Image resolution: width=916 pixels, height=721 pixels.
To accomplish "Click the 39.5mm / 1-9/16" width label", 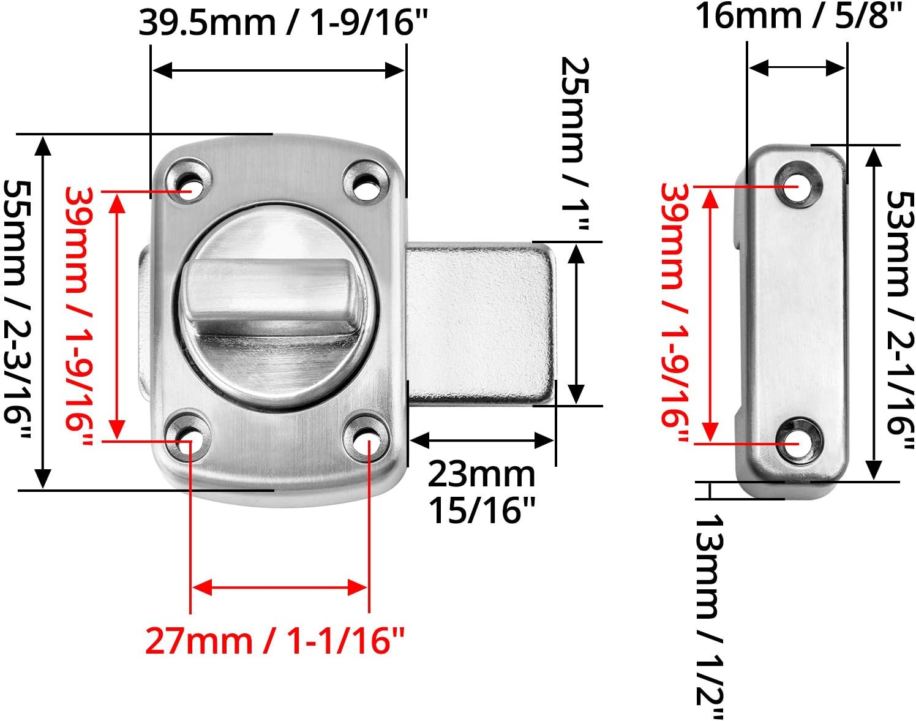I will (283, 23).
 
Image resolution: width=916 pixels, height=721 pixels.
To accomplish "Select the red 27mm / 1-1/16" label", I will (275, 641).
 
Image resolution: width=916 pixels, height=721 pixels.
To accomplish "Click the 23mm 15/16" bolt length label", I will (481, 492).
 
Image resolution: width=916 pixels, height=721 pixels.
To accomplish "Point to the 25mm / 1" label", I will (575, 144).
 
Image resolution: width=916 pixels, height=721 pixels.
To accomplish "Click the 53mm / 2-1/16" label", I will (901, 312).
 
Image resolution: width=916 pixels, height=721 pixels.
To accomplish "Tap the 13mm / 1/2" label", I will (710, 616).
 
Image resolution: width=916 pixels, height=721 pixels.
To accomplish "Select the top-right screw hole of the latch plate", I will (366, 181).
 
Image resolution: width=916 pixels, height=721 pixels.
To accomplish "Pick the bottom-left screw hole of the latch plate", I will (189, 432).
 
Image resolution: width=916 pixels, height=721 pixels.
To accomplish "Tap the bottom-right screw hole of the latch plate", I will (366, 432).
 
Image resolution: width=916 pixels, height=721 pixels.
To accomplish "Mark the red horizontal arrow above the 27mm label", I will (280, 588).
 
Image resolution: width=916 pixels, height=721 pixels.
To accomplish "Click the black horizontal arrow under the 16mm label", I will (797, 67).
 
